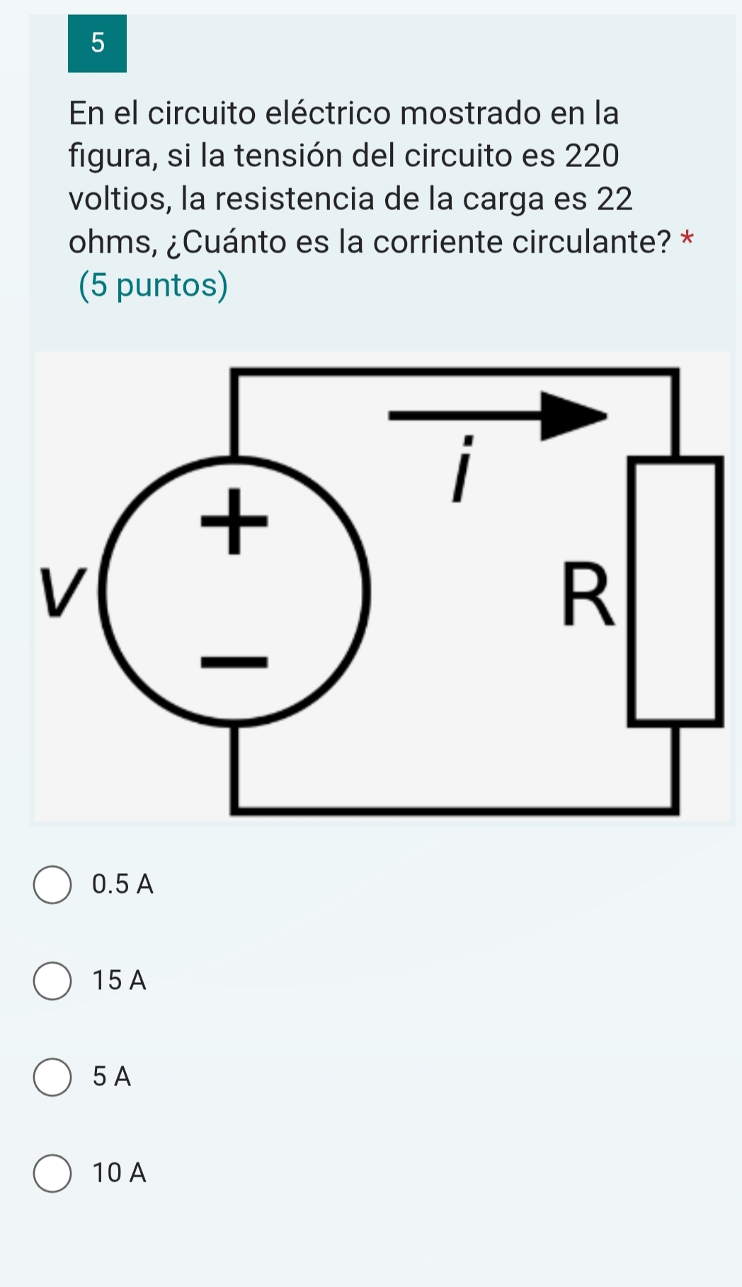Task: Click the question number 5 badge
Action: (x=97, y=43)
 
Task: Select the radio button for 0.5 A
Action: (x=52, y=884)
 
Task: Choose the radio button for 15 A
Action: (x=52, y=981)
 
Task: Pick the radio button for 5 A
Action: (x=52, y=1077)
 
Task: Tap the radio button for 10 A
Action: (x=52, y=1173)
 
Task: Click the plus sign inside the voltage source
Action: (x=235, y=521)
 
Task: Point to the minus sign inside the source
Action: (x=235, y=662)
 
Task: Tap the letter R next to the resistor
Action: (x=588, y=594)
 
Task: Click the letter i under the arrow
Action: (x=462, y=468)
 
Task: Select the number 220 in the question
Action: (x=592, y=156)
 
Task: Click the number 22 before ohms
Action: (x=615, y=199)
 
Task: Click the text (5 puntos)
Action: (x=154, y=285)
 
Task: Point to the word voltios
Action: (x=120, y=199)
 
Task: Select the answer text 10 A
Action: (x=119, y=1172)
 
